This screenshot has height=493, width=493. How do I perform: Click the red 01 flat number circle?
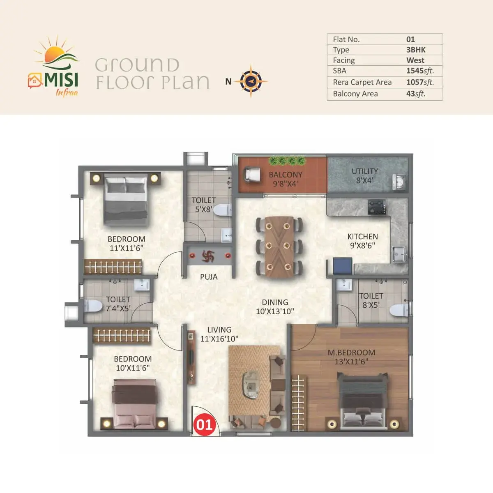[205, 424]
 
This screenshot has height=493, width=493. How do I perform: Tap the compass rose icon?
[251, 81]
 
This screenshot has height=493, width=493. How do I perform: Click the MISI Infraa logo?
[53, 66]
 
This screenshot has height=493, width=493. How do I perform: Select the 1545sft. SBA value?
[420, 71]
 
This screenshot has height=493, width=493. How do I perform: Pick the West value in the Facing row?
[415, 60]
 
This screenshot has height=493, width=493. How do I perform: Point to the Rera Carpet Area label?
[362, 82]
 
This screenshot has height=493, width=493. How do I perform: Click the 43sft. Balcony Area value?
[416, 94]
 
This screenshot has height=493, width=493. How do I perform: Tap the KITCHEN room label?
[362, 236]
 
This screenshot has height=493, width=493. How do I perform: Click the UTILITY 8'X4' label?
[364, 176]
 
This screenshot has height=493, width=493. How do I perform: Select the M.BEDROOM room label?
[352, 352]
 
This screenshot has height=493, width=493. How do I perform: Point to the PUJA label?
[209, 277]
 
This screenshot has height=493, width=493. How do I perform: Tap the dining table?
[279, 247]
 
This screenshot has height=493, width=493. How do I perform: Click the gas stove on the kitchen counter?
[377, 207]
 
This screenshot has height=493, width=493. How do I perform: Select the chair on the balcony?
[252, 175]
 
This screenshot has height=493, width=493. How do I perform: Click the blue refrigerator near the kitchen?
[343, 266]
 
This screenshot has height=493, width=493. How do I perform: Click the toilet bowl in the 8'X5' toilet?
[399, 310]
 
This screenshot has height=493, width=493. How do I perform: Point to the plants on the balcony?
[287, 161]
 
